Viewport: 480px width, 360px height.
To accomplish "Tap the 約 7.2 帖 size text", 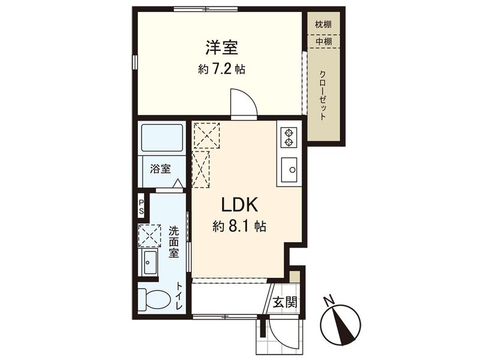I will [221, 69].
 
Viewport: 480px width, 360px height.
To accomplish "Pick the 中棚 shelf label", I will [323, 41].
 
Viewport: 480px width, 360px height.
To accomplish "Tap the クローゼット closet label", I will [323, 95].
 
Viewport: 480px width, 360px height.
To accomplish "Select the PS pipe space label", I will [141, 207].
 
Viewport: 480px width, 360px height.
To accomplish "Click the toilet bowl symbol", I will [155, 299].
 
